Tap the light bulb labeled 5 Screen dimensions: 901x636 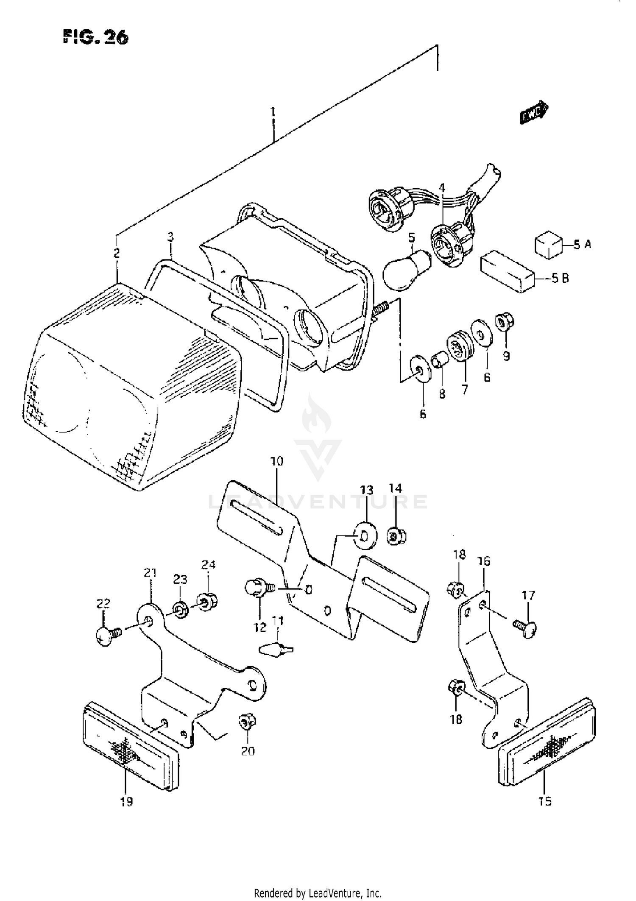point(406,271)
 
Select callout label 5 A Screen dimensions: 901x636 point(582,245)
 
